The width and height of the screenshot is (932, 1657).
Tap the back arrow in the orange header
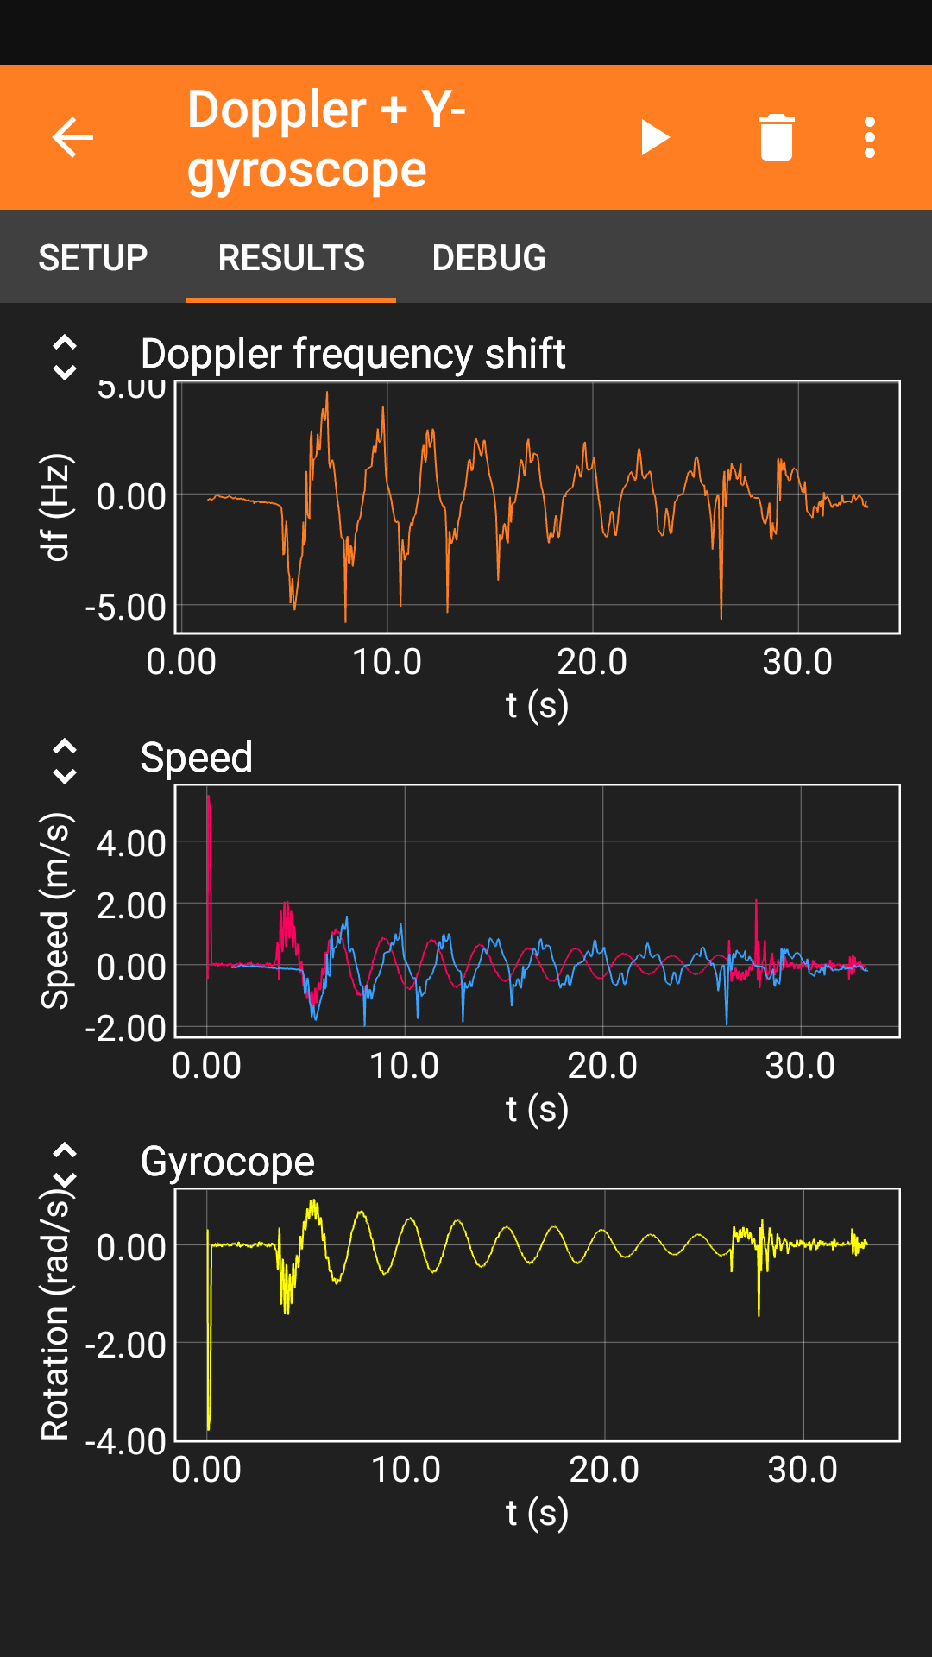72,137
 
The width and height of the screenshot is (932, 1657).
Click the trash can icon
776,137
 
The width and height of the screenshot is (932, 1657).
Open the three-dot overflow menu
870,137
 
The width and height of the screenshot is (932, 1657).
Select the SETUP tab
93,257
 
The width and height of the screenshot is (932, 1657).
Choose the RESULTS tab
291,257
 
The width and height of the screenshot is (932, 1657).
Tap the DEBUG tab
488,257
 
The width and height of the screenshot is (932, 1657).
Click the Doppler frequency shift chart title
353,354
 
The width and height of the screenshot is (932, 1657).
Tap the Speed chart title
197,758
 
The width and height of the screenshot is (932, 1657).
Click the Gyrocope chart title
228,1162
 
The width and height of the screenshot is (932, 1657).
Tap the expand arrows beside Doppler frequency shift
65,357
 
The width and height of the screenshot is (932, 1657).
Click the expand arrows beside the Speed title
65,761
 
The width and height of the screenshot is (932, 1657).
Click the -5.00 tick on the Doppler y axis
126,608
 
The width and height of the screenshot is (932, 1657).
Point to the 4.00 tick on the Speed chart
131,843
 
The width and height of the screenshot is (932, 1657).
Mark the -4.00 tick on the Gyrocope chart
126,1440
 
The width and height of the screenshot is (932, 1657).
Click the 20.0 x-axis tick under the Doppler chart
592,662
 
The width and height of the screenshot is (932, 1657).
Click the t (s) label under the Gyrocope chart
537,1512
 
